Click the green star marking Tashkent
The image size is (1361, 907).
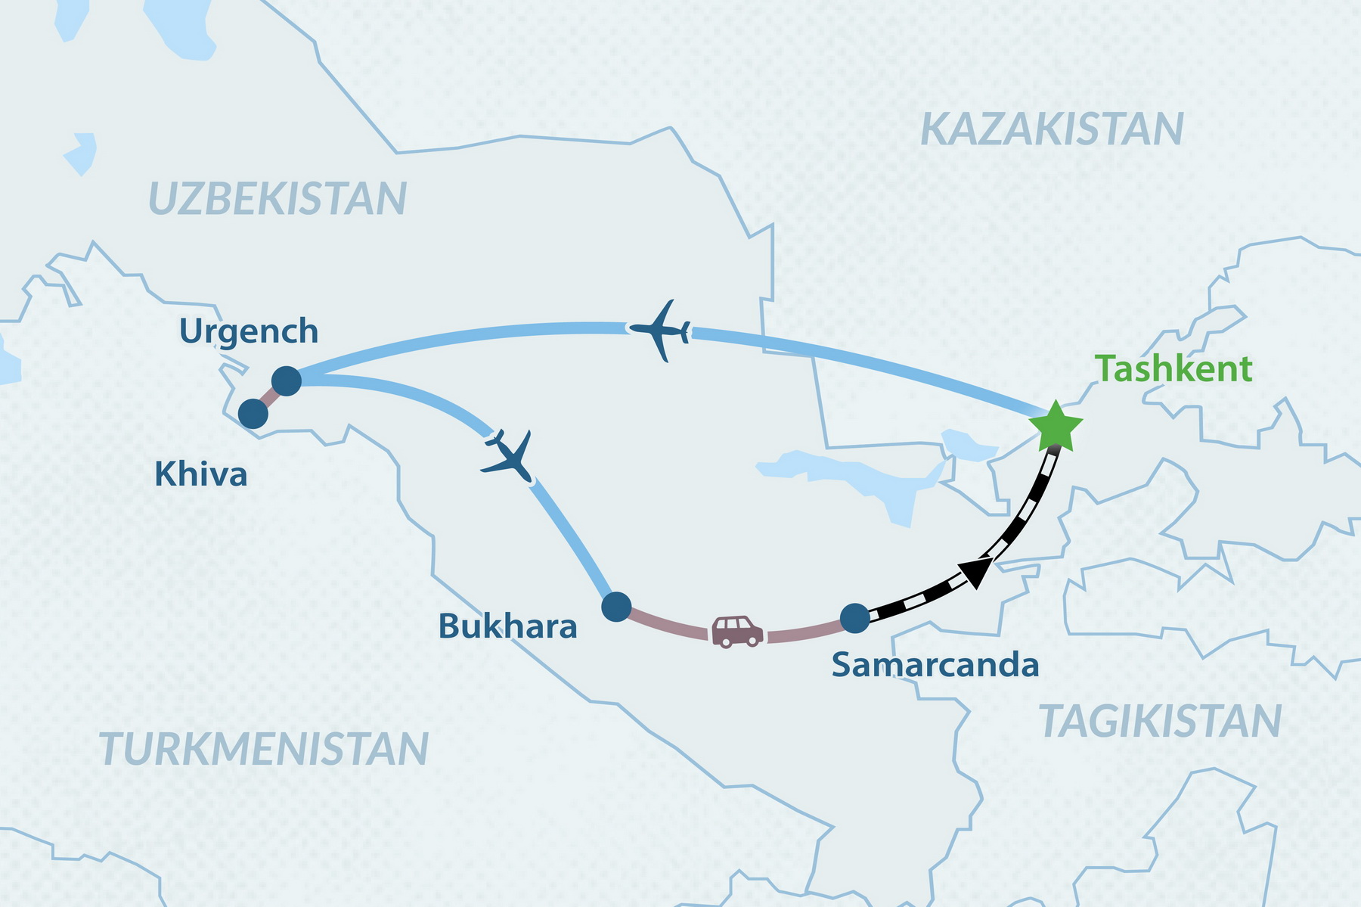1055,427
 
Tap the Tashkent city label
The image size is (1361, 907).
1173,369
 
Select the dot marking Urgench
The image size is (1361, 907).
287,381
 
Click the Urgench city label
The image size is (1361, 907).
249,331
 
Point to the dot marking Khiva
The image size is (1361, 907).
253,414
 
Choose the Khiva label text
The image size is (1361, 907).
201,475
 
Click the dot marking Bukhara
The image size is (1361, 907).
616,607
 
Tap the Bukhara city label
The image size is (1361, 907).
507,626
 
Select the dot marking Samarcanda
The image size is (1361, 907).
855,618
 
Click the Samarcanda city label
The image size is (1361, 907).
935,665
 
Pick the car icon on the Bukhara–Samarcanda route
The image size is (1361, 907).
737,632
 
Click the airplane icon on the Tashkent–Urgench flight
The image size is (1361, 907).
660,331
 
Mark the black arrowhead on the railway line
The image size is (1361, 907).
975,570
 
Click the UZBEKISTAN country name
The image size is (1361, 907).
277,199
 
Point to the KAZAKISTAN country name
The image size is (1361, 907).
1052,129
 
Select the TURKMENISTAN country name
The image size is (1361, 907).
264,748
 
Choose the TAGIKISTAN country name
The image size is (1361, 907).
1160,721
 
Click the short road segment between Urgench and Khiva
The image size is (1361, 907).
270,397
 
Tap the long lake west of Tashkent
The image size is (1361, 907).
854,476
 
